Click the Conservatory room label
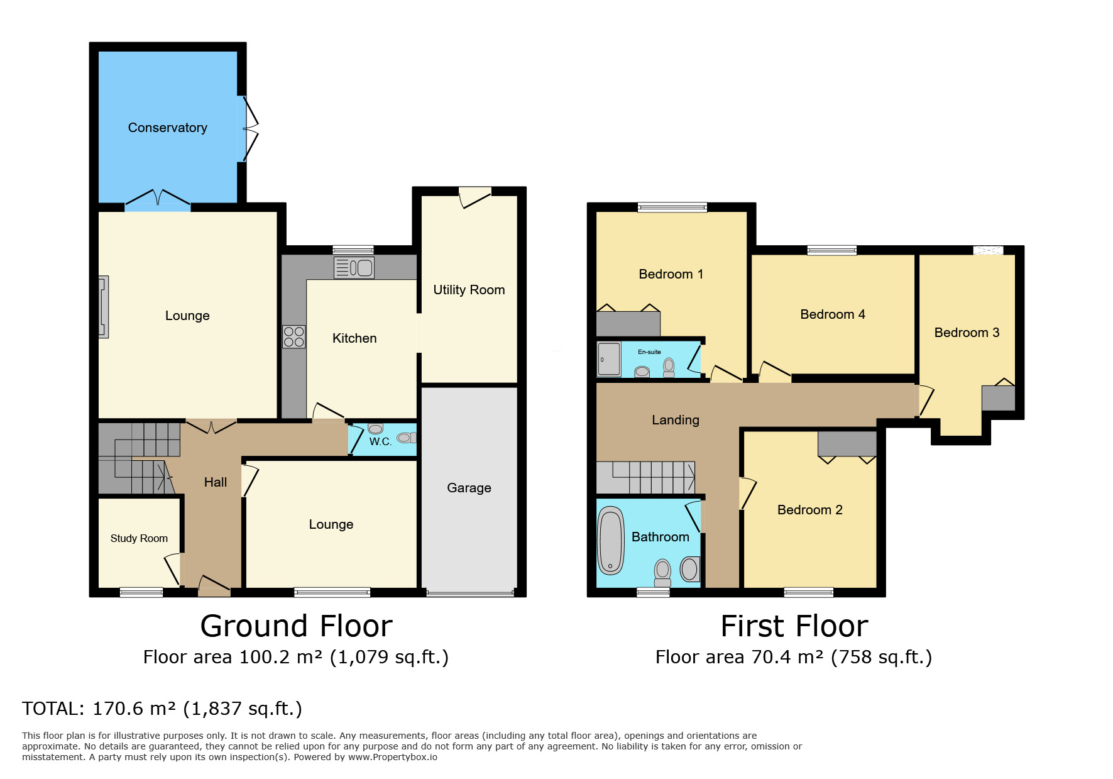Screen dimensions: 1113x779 click(167, 128)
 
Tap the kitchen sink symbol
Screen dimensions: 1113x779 click(354, 268)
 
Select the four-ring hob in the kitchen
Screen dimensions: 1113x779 click(293, 336)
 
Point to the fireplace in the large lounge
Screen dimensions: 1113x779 click(104, 307)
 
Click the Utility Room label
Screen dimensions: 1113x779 click(469, 290)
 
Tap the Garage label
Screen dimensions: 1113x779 click(469, 488)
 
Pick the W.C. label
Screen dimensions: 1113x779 click(380, 441)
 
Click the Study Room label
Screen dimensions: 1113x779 click(139, 538)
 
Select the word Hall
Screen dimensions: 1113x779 click(216, 482)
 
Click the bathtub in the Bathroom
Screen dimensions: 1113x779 click(610, 541)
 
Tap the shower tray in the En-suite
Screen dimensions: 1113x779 click(609, 359)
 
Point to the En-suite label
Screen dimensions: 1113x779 click(649, 352)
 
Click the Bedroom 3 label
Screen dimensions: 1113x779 click(967, 333)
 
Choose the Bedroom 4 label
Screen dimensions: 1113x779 click(833, 314)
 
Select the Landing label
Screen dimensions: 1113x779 click(676, 420)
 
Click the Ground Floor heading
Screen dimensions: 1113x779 click(296, 626)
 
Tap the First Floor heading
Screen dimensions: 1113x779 click(794, 626)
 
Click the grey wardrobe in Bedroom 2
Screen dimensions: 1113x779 click(847, 443)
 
